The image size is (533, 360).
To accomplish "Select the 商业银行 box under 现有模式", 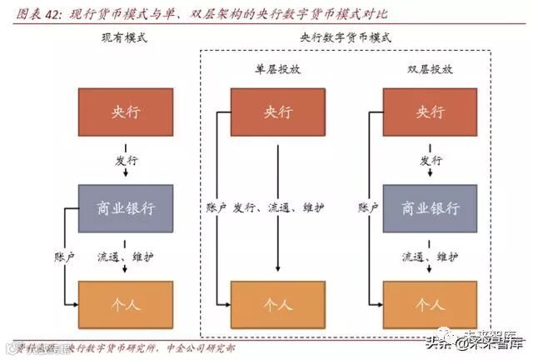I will (x=125, y=207).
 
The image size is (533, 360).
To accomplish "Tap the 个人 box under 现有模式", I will (x=125, y=303).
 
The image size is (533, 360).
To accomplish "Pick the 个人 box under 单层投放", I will (x=277, y=303).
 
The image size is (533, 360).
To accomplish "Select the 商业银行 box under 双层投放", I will (x=430, y=207).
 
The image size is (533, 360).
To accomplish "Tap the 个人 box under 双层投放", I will (x=430, y=303).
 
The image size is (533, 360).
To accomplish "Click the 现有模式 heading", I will (x=124, y=39).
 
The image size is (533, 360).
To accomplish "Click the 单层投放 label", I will (x=277, y=70).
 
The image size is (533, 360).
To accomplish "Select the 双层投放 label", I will (x=430, y=70).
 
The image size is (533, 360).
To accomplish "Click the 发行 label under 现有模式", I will (x=125, y=158).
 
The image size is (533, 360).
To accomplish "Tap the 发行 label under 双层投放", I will (x=430, y=158).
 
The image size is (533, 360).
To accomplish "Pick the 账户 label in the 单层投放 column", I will (x=216, y=207).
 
